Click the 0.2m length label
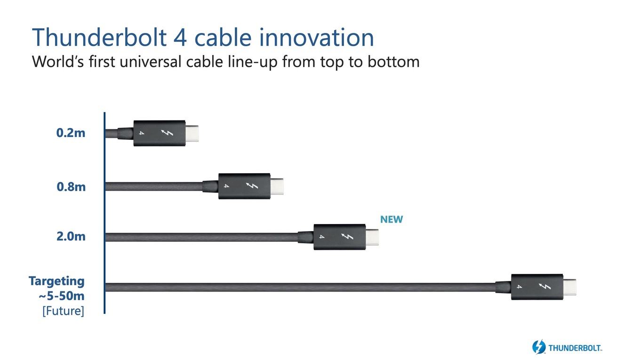tap(71, 133)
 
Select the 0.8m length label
tap(71, 187)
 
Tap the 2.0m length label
tap(71, 237)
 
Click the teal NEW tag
tap(392, 219)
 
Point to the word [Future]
tap(64, 311)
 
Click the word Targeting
tap(56, 281)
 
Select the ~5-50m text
tap(62, 296)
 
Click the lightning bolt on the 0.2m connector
tap(167, 133)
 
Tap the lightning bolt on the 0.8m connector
tap(252, 186)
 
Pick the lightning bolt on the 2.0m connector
tap(347, 237)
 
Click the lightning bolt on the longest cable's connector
tap(544, 286)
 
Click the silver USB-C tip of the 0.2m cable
tap(192, 134)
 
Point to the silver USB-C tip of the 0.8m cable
tap(277, 186)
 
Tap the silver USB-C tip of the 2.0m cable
tap(372, 237)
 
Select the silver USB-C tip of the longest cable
tap(570, 287)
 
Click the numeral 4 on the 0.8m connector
tap(226, 186)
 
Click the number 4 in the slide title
tap(180, 38)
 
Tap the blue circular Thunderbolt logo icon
tap(539, 347)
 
